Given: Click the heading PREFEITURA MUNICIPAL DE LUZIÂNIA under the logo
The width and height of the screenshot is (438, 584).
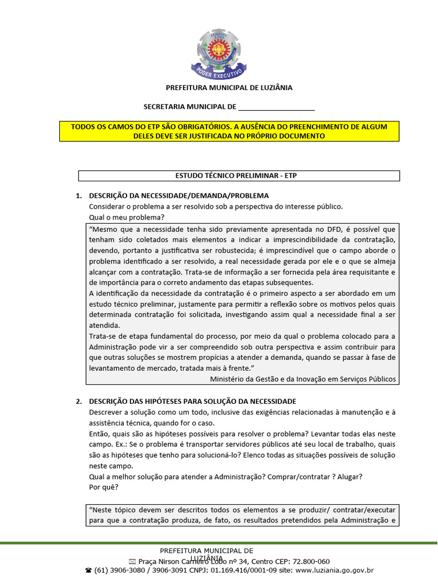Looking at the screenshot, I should [229, 88].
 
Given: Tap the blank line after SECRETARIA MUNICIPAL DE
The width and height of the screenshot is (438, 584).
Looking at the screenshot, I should [276, 107].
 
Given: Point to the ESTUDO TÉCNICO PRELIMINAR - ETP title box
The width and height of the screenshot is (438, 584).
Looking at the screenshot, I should [238, 176].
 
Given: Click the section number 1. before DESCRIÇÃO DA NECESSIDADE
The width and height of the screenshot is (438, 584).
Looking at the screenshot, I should [79, 196].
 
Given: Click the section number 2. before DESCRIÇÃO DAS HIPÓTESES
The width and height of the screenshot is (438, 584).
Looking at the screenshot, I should [79, 401].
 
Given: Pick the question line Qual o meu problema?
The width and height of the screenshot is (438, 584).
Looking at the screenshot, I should [127, 217].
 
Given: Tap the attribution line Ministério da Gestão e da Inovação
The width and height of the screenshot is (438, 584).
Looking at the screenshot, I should [303, 379].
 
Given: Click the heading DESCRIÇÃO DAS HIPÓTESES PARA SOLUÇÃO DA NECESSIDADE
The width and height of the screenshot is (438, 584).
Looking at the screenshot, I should [193, 401].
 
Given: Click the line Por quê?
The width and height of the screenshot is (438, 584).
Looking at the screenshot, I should [104, 488].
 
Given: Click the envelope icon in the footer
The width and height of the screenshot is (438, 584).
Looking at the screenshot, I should [133, 562].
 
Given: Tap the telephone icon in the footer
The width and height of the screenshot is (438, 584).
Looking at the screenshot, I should [88, 570].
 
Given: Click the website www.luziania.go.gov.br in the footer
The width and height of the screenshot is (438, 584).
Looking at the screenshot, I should [334, 570].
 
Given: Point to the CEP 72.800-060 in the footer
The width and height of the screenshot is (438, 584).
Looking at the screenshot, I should [308, 561].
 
